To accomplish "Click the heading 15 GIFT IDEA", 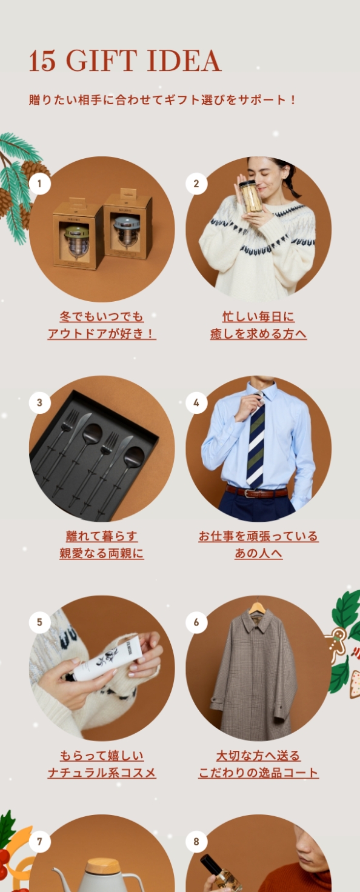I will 125,61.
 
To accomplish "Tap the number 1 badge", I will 40,183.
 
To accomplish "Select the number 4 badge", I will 196,402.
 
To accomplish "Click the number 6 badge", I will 196,622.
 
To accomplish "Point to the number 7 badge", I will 40,841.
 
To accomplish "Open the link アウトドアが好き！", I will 102,334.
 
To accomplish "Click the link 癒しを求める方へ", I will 258,334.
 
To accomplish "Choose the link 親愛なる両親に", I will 102,553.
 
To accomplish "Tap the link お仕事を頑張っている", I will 258,536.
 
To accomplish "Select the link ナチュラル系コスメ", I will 102,773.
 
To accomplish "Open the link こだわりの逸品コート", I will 258,773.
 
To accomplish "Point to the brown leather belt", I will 256,492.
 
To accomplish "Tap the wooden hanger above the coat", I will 257,607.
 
